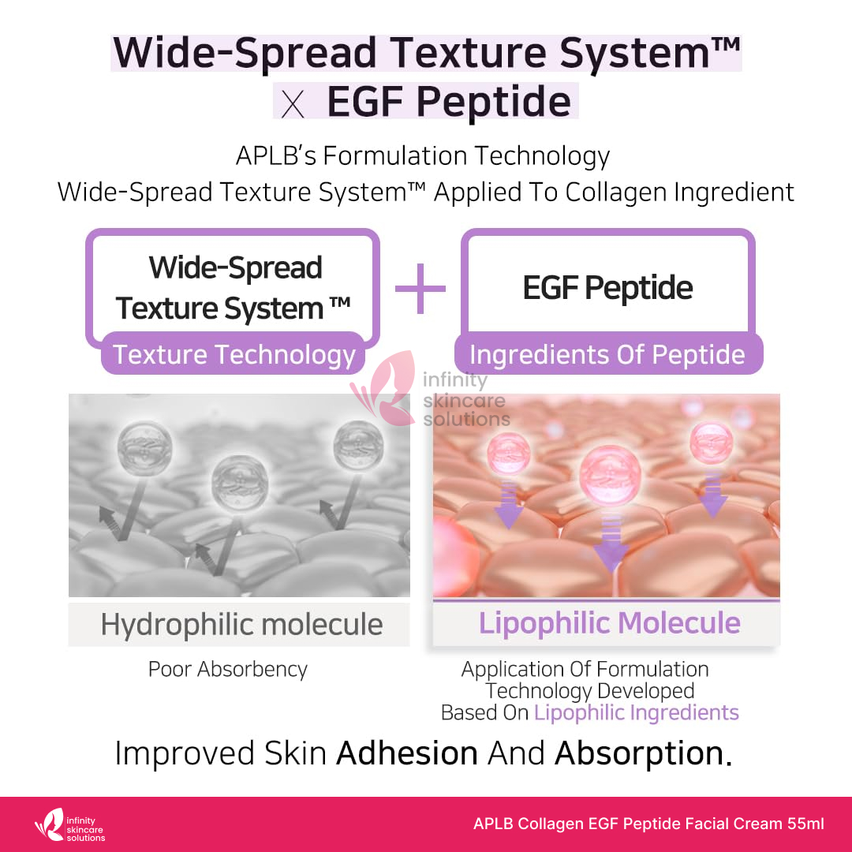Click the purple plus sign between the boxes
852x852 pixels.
tap(420, 289)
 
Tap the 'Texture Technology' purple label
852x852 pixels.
tap(233, 353)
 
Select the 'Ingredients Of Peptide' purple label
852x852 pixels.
tap(608, 353)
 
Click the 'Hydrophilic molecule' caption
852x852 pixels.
tap(242, 624)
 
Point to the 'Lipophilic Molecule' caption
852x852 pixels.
tap(609, 622)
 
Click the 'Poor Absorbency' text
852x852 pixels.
tap(228, 670)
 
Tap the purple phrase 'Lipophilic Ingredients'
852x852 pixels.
tap(637, 712)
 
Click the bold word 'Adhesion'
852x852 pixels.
tap(407, 753)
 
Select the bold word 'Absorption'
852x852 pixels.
tap(639, 754)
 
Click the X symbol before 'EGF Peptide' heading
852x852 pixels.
tap(293, 104)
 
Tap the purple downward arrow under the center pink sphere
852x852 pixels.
tap(611, 540)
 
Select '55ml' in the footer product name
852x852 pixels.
tap(805, 824)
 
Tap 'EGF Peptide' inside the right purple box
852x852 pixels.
tap(607, 287)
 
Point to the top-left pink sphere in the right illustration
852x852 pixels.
tap(508, 453)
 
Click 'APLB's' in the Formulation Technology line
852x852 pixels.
tap(276, 156)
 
